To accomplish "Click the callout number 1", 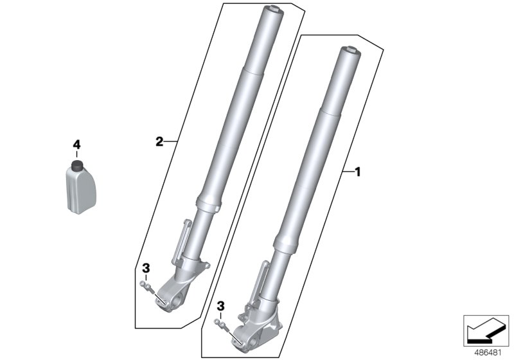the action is pyautogui.click(x=358, y=172).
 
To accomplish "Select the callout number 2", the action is pyautogui.click(x=159, y=142).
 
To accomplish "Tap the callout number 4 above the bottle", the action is pyautogui.click(x=76, y=144).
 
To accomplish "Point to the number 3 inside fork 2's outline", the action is pyautogui.click(x=146, y=268).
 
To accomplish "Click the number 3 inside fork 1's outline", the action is pyautogui.click(x=221, y=307).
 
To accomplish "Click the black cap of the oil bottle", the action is pyautogui.click(x=77, y=166).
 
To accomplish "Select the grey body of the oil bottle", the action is pyautogui.click(x=82, y=190).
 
